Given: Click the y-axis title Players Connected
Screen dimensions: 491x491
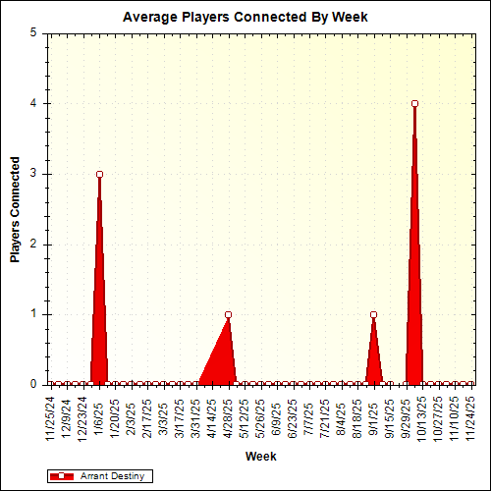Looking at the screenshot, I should click(16, 210).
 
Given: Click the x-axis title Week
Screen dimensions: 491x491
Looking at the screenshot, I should click(260, 457).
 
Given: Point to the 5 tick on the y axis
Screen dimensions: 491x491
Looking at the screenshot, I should click(33, 32).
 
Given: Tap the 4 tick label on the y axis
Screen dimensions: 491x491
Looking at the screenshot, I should click(33, 103).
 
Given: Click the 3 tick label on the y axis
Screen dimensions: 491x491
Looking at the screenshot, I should click(33, 174).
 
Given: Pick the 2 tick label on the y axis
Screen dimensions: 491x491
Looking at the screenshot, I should click(33, 245).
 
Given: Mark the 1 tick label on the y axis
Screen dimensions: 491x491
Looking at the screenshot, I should click(33, 314).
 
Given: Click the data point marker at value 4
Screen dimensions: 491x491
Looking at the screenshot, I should click(414, 103).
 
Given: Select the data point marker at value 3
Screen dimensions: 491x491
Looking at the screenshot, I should click(99, 174).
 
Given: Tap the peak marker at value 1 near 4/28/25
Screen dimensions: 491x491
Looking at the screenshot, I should click(228, 315).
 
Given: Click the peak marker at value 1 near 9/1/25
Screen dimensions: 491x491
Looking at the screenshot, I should click(373, 315).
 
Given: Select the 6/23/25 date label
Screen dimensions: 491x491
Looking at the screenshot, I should click(293, 416).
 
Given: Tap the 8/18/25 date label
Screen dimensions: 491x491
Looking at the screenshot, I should click(357, 416).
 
